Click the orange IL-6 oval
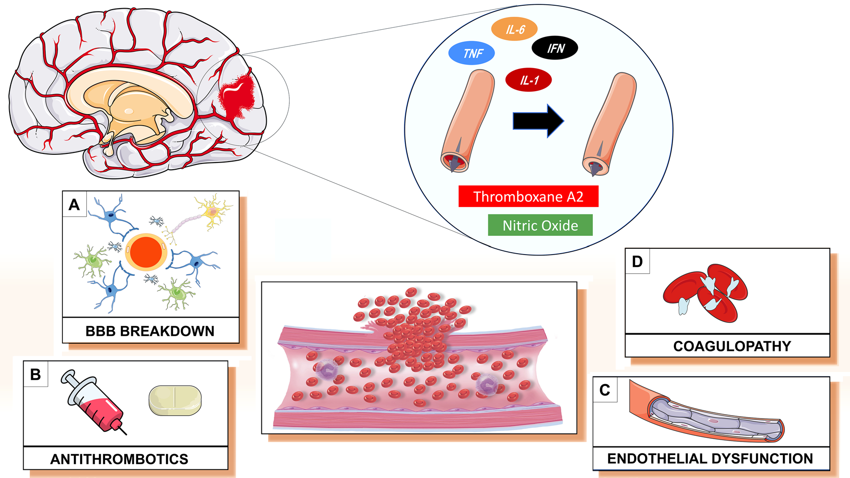tap(514, 29)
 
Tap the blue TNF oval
tap(472, 53)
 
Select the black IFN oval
tap(555, 48)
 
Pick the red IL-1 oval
tap(529, 80)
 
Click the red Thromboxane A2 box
tap(528, 197)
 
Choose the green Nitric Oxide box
tap(540, 225)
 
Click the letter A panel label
tap(74, 205)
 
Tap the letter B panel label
tap(35, 374)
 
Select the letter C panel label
tap(605, 390)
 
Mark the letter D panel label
tap(637, 261)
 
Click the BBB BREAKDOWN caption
tap(150, 331)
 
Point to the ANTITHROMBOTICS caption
tap(119, 459)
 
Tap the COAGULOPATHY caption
tap(732, 346)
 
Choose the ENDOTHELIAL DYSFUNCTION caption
tap(710, 458)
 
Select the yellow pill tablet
tap(175, 400)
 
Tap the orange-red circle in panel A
tap(146, 252)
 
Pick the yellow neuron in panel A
tap(213, 210)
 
